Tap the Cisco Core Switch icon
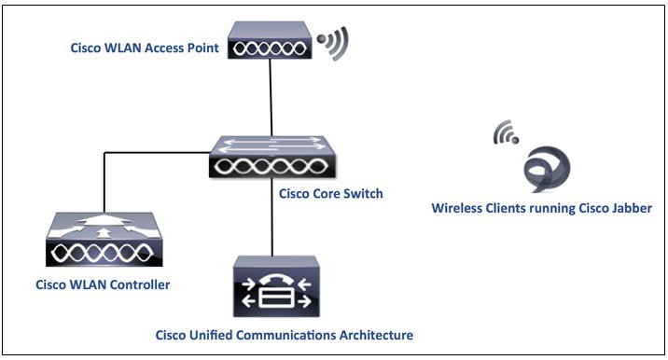click(271, 157)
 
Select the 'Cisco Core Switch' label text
click(330, 194)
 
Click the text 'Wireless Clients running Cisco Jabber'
click(541, 209)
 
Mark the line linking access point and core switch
click(271, 99)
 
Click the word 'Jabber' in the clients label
click(630, 209)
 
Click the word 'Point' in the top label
click(202, 48)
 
